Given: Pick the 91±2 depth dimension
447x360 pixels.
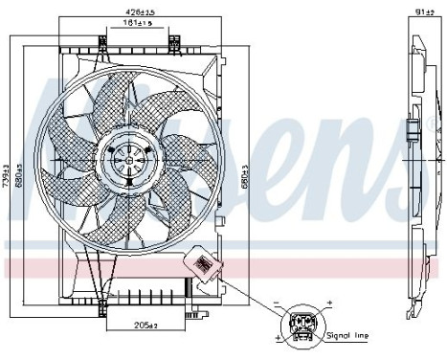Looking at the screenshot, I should pyautogui.click(x=423, y=11).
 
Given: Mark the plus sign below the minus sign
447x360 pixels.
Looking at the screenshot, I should pyautogui.click(x=278, y=337).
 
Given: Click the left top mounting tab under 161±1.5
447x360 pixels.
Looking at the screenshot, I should pyautogui.click(x=101, y=39).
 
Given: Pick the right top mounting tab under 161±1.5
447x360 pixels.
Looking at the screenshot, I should pyautogui.click(x=174, y=39).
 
